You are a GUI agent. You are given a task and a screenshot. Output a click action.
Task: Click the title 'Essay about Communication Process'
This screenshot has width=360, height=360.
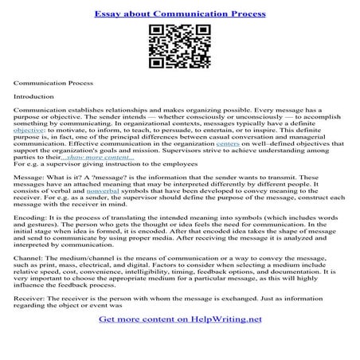(x=180, y=14)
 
